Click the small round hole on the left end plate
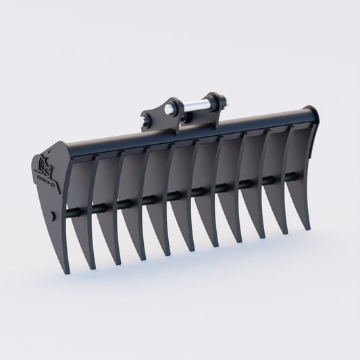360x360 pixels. coord(52,217)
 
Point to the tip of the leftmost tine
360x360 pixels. coord(67,273)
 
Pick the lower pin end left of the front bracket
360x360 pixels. coord(145,122)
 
